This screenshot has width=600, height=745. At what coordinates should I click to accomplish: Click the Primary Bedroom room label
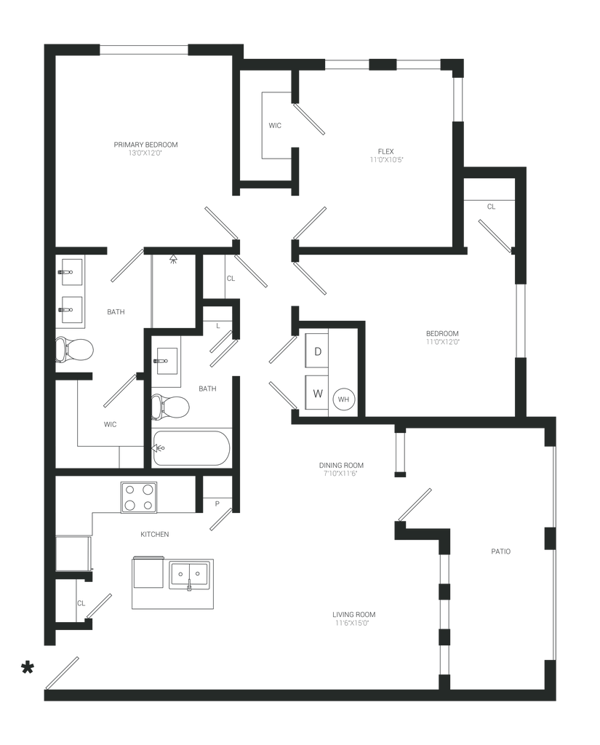(x=146, y=149)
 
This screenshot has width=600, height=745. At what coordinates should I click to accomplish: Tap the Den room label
(x=385, y=155)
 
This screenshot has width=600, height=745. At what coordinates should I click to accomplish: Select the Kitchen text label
(x=154, y=534)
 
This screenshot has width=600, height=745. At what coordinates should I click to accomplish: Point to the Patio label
(x=501, y=551)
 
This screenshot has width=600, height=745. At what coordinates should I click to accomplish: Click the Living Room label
(x=354, y=618)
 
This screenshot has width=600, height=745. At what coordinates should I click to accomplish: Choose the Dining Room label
(x=341, y=469)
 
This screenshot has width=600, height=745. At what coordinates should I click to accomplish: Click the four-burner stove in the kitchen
(x=139, y=498)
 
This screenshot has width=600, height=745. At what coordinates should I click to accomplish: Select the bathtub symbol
(x=191, y=448)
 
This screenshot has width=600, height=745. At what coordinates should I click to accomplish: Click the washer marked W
(x=317, y=394)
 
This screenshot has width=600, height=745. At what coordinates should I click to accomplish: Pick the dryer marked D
(x=317, y=350)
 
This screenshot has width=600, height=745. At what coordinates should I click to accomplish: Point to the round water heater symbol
(x=343, y=399)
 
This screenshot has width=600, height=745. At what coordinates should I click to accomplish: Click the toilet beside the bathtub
(x=171, y=406)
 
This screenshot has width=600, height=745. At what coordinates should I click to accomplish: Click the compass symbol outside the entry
(x=28, y=666)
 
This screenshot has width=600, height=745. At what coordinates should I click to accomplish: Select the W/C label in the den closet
(x=274, y=126)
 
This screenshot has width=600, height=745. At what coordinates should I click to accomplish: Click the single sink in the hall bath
(x=166, y=359)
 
